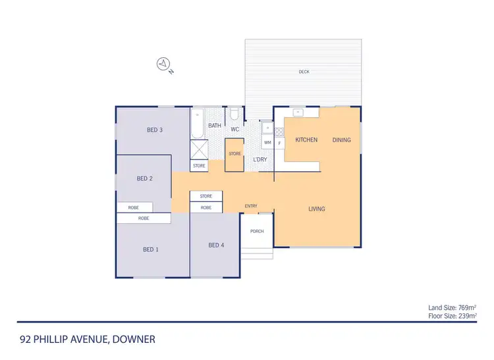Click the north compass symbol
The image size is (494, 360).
[163, 64]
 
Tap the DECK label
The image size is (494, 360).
[304, 72]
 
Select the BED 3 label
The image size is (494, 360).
[155, 130]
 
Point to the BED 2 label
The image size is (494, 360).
[145, 178]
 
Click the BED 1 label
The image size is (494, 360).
[150, 249]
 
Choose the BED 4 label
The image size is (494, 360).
[216, 245]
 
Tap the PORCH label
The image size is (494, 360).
[257, 232]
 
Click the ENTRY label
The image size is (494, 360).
[251, 206]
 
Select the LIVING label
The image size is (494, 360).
[317, 209]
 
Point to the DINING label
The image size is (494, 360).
[341, 140]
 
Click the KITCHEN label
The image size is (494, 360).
[306, 140]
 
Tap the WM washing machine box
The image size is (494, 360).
[267, 142]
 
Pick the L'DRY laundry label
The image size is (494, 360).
[260, 160]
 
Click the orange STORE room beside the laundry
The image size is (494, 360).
[235, 154]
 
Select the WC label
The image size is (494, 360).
[235, 129]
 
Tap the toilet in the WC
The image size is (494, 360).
[234, 115]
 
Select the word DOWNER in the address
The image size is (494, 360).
[134, 340]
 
